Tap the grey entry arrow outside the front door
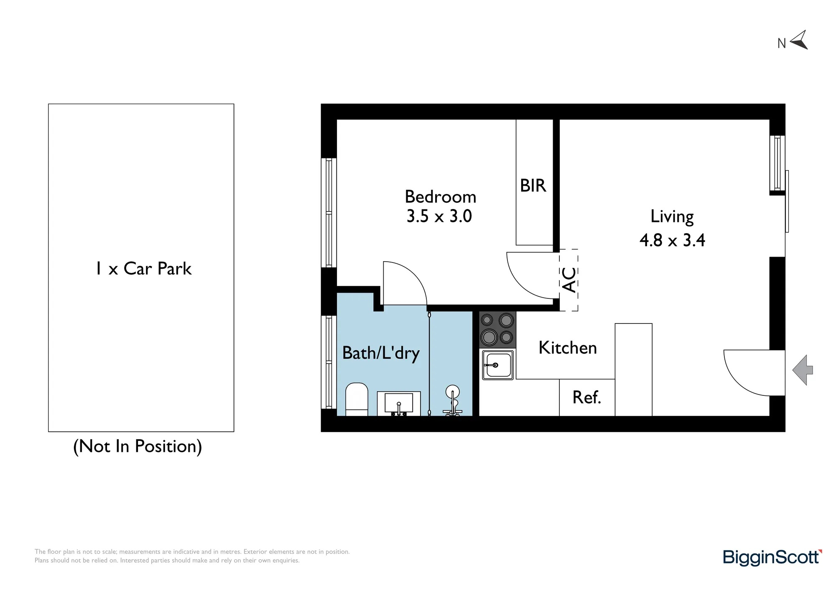[x=802, y=370]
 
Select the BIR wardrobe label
[x=533, y=186]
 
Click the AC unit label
[x=569, y=280]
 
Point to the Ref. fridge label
[x=587, y=397]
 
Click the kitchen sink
[x=497, y=365]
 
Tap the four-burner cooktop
[x=497, y=330]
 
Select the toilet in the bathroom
[x=357, y=399]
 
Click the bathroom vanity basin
[x=399, y=404]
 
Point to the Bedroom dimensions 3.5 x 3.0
[x=439, y=216]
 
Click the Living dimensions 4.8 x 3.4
[x=672, y=240]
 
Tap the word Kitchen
[x=568, y=348]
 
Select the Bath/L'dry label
[x=381, y=353]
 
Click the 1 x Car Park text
[x=144, y=268]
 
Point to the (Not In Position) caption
[x=138, y=446]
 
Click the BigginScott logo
[x=772, y=558]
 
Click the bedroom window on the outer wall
[x=329, y=213]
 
